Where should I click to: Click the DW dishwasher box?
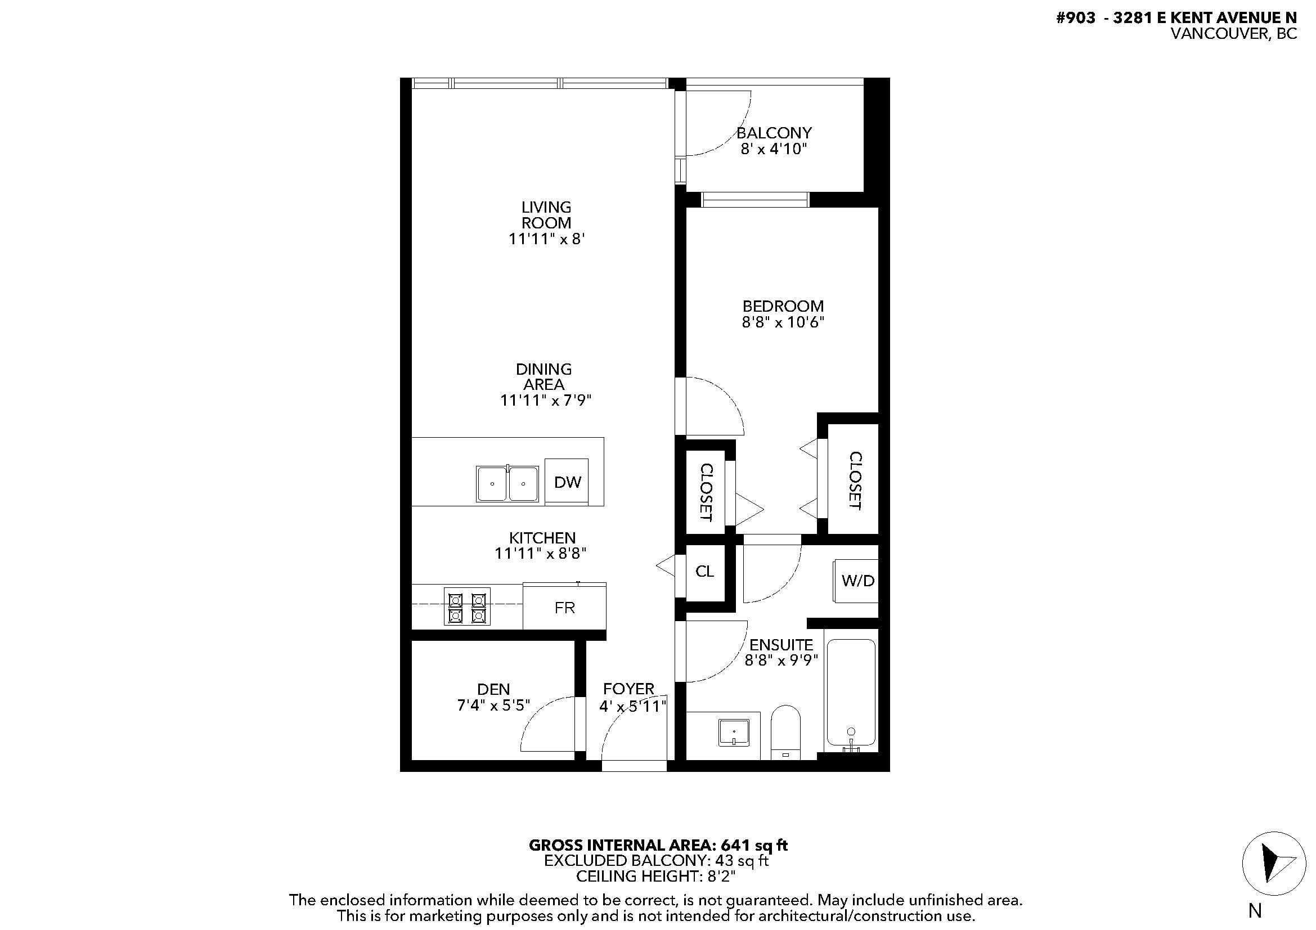coord(567,482)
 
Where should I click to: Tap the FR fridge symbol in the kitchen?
coord(564,608)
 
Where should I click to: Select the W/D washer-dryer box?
coord(856,581)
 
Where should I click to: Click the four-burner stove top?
coord(466,607)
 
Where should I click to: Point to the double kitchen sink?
coord(507,484)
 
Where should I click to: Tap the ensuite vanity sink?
coord(734,733)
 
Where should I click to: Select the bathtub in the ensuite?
coord(851,694)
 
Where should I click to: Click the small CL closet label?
coord(704,571)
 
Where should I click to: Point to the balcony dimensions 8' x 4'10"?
coord(774,150)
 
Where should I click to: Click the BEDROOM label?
coord(783,306)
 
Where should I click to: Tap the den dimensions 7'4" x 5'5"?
coord(493,705)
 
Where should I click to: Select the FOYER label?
coord(628,689)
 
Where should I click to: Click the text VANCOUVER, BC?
coord(1233,34)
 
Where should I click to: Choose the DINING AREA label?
coord(544,376)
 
